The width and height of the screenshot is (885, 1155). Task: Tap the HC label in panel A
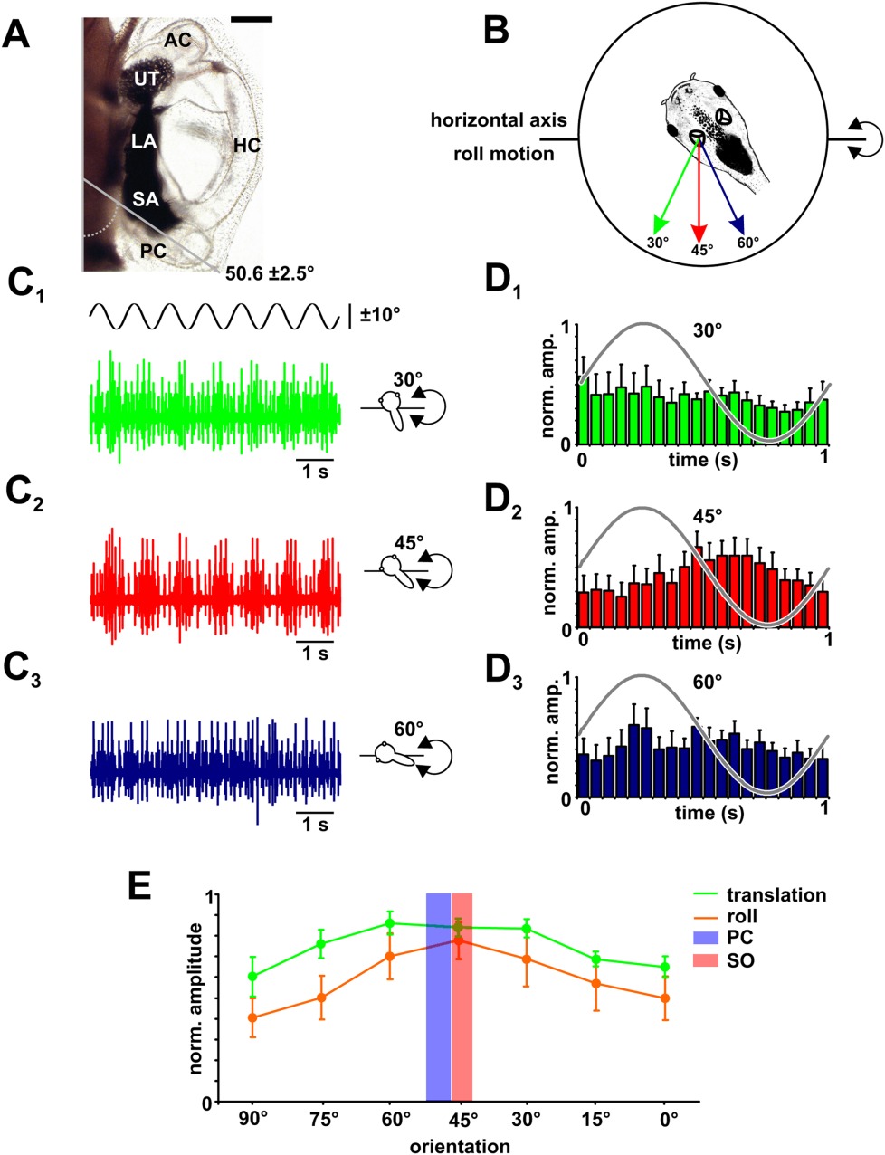246,144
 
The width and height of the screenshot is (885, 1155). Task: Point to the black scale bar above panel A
251,18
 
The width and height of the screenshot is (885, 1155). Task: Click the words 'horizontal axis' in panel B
500,119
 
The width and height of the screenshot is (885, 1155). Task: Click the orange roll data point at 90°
252,1017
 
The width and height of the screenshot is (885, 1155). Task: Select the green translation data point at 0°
665,967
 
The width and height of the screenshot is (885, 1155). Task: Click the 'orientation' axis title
460,1146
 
